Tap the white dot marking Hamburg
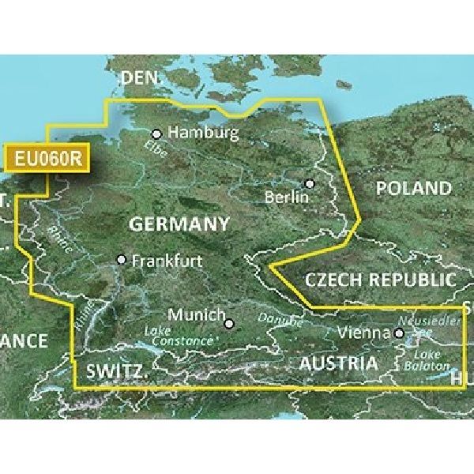[156, 134]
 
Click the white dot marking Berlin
[310, 183]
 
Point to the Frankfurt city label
[167, 260]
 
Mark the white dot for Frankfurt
[121, 259]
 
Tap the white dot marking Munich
[229, 322]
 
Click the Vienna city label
[365, 334]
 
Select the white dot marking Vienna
[399, 334]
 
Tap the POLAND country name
[413, 189]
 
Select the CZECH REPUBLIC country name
[381, 280]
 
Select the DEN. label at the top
[139, 79]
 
